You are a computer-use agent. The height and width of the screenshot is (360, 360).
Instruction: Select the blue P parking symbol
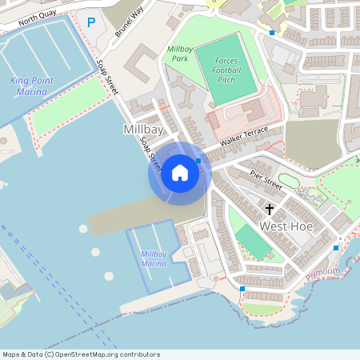pos(91,24)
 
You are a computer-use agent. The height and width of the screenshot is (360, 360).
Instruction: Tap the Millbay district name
pos(144,129)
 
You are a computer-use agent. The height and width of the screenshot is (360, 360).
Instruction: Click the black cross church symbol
pos(270,210)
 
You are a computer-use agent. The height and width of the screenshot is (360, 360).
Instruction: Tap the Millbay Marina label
pos(154,258)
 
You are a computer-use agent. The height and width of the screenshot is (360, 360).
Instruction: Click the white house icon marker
pos(179,173)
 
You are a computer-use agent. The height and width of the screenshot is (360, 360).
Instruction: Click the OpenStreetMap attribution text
pos(81,354)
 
